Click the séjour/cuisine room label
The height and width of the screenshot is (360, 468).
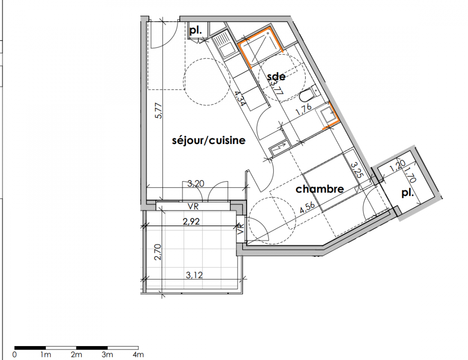pos(209,140)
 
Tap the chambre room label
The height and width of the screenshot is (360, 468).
pos(319,189)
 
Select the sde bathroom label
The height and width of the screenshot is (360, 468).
pos(276,76)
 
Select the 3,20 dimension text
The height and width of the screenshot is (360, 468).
pos(195,183)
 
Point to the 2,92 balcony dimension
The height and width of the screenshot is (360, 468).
pos(191,221)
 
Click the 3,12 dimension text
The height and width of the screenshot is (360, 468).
pos(194,274)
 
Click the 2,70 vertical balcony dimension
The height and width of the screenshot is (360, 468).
pos(158,252)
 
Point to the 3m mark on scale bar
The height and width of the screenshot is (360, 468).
pos(107,355)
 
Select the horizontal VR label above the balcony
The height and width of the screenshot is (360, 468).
pos(193,206)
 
